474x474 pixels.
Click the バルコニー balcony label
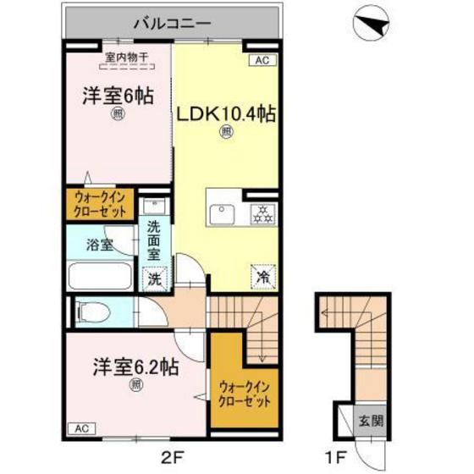[171, 23]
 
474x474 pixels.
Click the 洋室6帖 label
[118, 97]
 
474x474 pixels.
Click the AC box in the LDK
[262, 61]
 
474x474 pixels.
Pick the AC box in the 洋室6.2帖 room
[78, 427]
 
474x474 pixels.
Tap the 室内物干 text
[126, 58]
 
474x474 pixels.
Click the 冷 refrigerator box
[262, 275]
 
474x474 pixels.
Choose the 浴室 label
[100, 245]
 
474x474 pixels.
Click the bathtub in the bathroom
[99, 275]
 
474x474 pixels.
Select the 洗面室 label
[155, 240]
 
